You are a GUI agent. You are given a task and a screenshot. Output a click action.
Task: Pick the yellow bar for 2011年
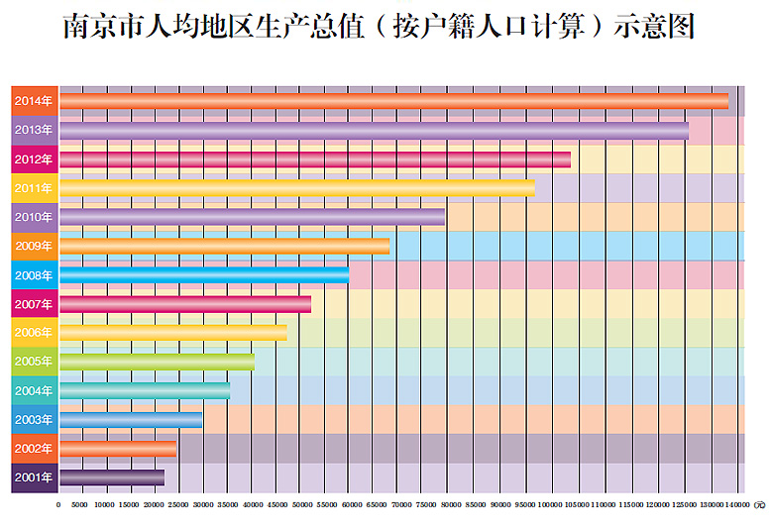(x=297, y=187)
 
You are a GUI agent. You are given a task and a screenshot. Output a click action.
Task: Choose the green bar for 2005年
(x=158, y=362)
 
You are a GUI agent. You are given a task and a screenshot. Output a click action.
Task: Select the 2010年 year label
(x=34, y=217)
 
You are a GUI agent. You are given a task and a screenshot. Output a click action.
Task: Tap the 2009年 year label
(x=34, y=246)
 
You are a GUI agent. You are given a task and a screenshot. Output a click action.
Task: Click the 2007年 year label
(x=34, y=303)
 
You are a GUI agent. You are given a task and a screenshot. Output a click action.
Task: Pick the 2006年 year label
(x=34, y=333)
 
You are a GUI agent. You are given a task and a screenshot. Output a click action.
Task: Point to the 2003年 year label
(x=34, y=420)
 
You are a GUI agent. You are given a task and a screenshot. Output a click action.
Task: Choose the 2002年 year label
(x=34, y=449)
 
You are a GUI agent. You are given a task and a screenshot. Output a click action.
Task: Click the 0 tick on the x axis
(x=58, y=505)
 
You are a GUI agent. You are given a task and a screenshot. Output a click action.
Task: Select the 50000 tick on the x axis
(x=300, y=505)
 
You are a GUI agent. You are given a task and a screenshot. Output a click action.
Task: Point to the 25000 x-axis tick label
(x=179, y=505)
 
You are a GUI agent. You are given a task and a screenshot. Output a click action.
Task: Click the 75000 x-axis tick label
(x=421, y=505)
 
